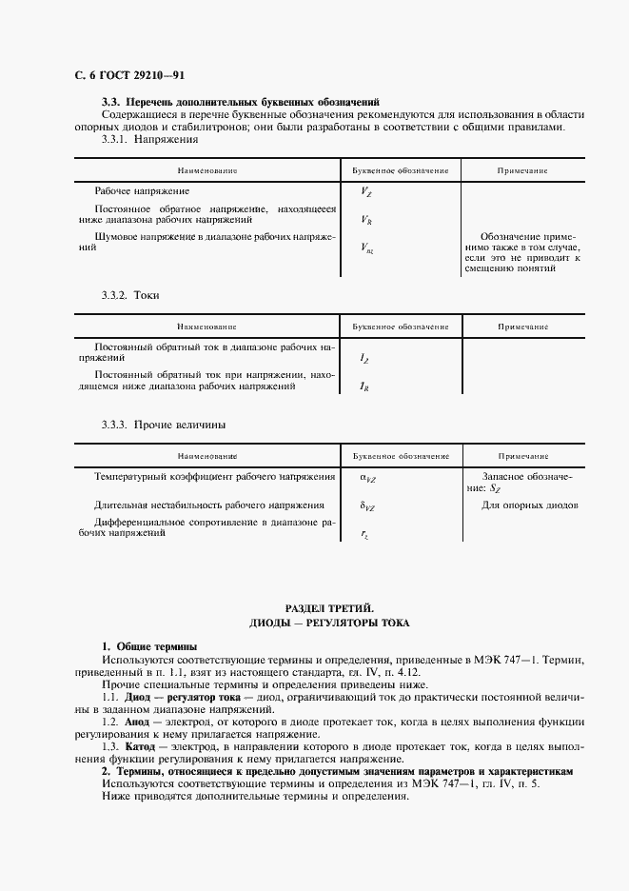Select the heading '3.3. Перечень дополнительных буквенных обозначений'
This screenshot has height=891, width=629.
click(240, 101)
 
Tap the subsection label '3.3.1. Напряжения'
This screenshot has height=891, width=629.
click(149, 139)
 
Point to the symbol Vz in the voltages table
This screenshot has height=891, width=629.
click(366, 191)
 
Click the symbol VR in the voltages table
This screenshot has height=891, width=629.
click(366, 220)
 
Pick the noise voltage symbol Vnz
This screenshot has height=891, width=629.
click(367, 248)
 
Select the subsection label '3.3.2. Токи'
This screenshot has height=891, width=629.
click(130, 295)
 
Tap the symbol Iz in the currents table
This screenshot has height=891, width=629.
click(364, 358)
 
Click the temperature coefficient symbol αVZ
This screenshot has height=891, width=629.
click(367, 477)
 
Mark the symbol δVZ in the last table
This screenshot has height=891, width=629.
click(367, 506)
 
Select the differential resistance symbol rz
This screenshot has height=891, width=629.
click(364, 535)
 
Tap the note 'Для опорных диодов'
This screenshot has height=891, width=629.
click(530, 505)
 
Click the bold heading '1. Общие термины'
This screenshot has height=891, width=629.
click(149, 647)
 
